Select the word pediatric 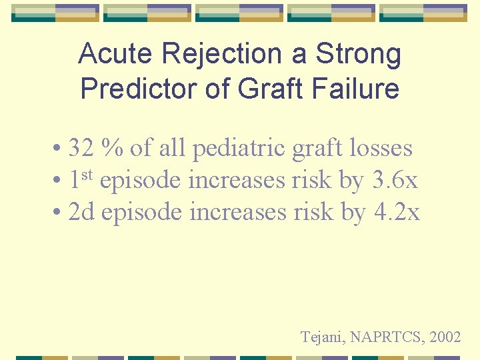coord(240,148)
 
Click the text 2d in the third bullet coord(82,212)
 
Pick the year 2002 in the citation coord(445,337)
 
